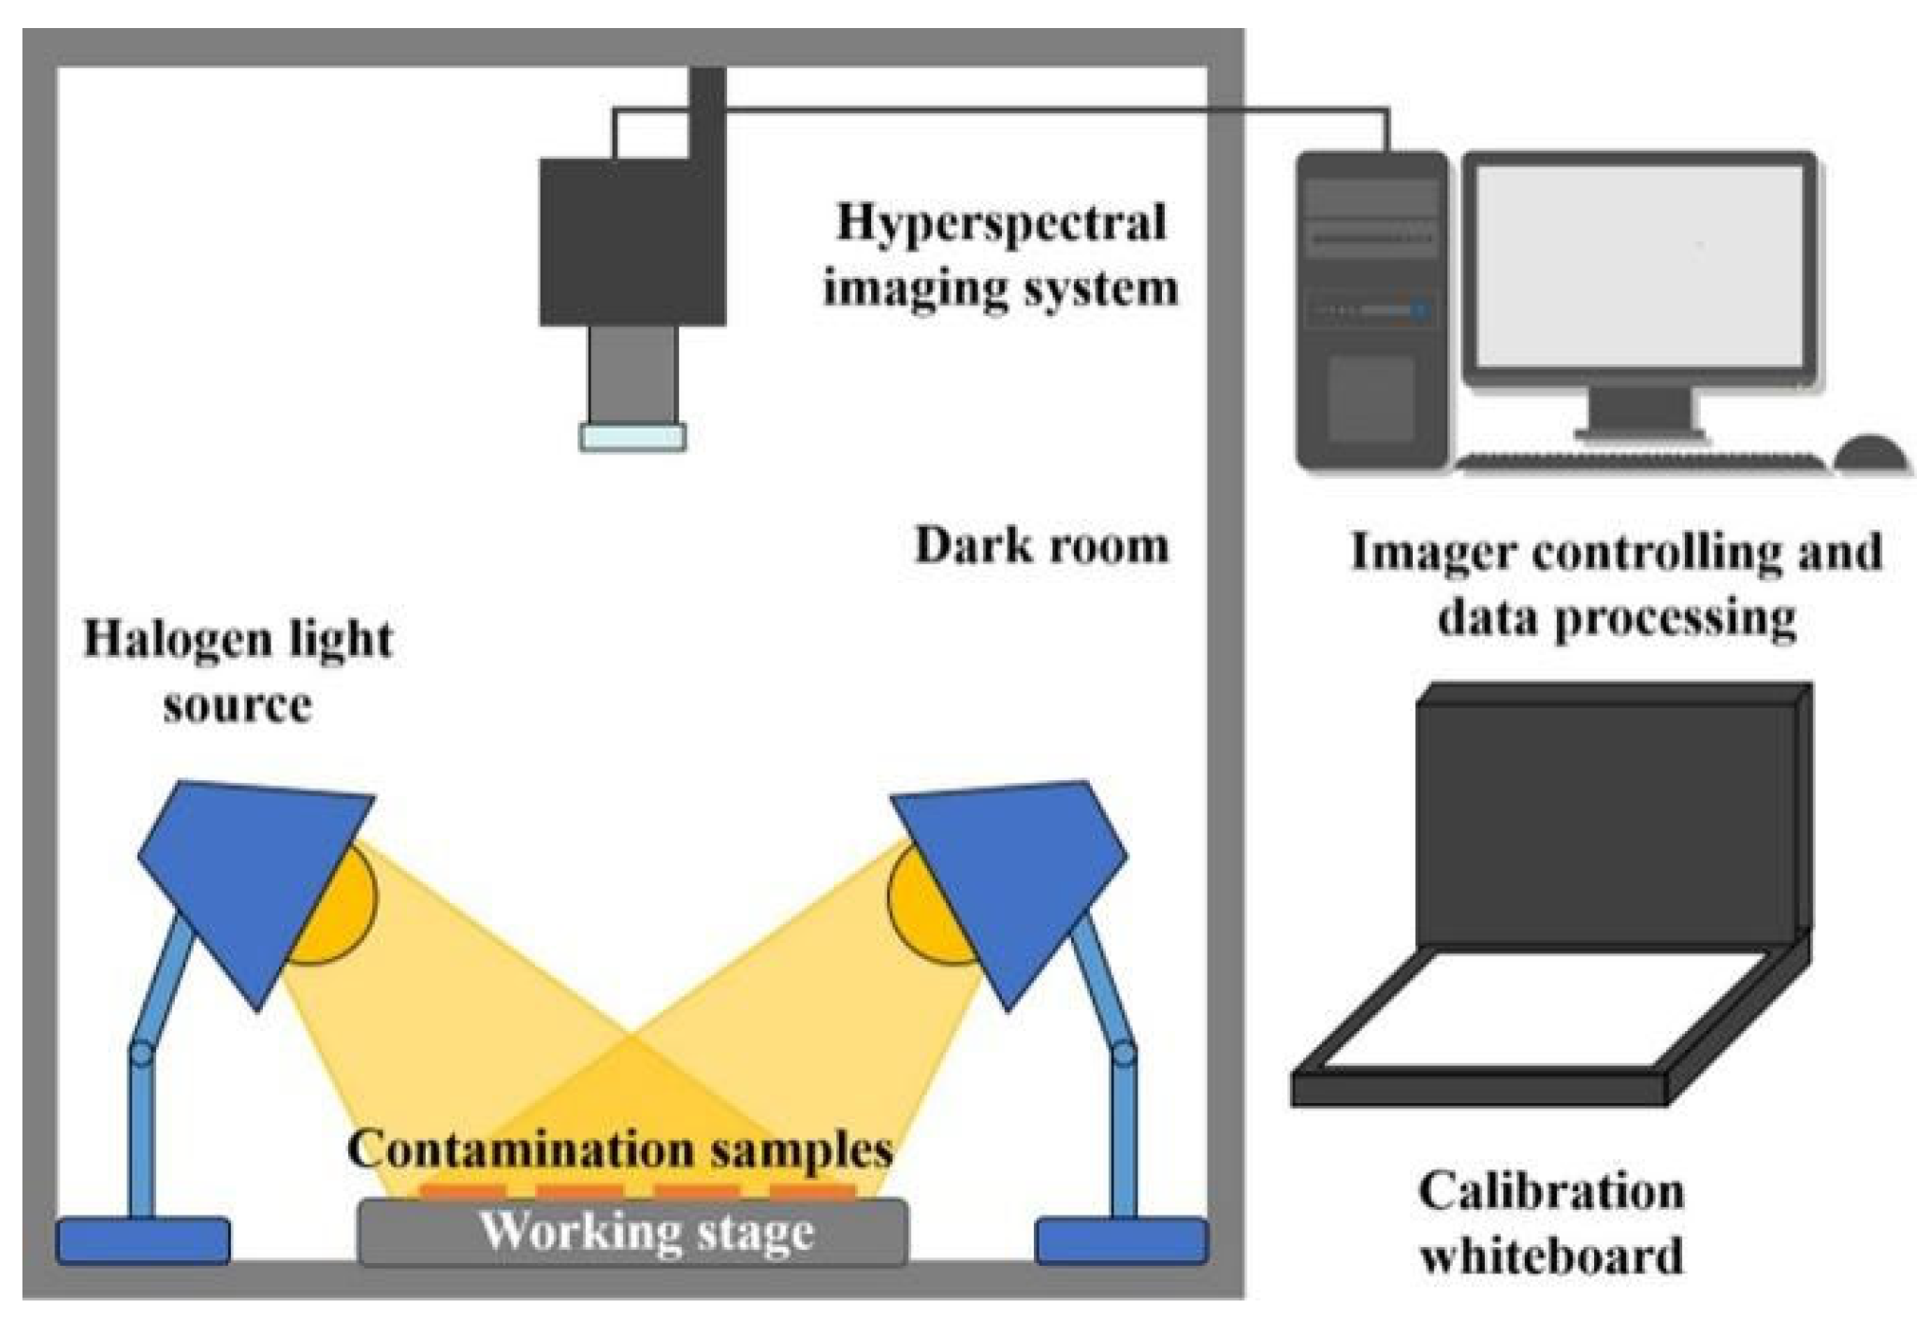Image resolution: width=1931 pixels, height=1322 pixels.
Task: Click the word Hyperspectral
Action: point(1000,223)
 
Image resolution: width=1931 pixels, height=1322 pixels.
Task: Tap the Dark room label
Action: point(1041,545)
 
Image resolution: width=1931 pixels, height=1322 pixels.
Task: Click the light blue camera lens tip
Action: point(632,437)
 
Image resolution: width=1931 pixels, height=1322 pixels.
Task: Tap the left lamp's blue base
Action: point(142,1242)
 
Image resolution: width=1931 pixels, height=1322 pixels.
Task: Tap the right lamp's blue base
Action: point(1121,1242)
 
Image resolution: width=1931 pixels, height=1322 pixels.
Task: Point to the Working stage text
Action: point(646,1232)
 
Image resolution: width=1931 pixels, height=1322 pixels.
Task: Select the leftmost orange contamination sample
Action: point(462,1192)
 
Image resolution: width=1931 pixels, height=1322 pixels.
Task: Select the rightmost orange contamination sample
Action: point(812,1192)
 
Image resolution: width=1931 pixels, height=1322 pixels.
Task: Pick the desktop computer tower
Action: point(1371,313)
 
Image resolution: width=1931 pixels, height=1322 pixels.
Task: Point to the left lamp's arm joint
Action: point(141,1054)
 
